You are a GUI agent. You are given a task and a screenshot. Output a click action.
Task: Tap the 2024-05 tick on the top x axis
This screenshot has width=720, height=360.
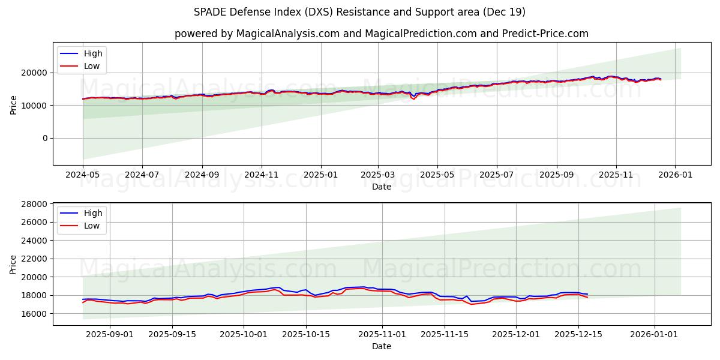[x=83, y=175]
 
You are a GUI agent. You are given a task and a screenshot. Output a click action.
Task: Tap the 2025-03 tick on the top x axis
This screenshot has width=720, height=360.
[x=377, y=175]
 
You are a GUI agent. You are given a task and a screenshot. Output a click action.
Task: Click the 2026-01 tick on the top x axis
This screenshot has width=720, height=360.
[x=675, y=175]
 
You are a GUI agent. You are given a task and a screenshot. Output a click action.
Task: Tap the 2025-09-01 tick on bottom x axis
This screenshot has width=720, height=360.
[x=110, y=335]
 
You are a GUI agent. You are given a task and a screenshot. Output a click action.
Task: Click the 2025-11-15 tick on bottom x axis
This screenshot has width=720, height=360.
[x=445, y=335]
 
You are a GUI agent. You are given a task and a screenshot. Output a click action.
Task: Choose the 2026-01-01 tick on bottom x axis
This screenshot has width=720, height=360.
[x=655, y=335]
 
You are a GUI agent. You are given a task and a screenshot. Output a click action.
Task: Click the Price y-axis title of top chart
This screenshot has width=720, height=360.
[x=14, y=105]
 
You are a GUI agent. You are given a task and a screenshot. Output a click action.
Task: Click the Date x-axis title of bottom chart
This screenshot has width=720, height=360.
[x=382, y=346]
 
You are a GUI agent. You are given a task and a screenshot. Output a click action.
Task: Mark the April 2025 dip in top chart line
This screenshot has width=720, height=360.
[x=413, y=98]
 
